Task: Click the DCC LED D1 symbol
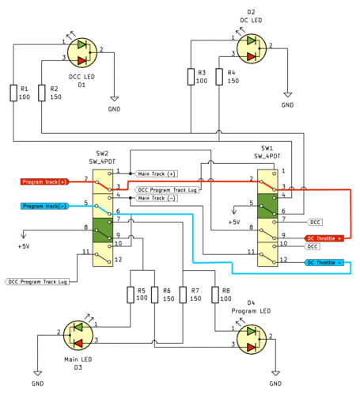(81, 51)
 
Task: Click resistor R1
(13, 93)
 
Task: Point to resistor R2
(41, 93)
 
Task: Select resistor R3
(190, 77)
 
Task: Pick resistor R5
(131, 295)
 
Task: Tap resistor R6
(156, 295)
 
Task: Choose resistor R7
(183, 295)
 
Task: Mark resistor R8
(214, 295)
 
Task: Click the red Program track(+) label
(44, 181)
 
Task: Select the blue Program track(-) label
(44, 206)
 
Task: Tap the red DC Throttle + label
(324, 238)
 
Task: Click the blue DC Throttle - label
(324, 262)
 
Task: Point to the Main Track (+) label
(157, 173)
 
